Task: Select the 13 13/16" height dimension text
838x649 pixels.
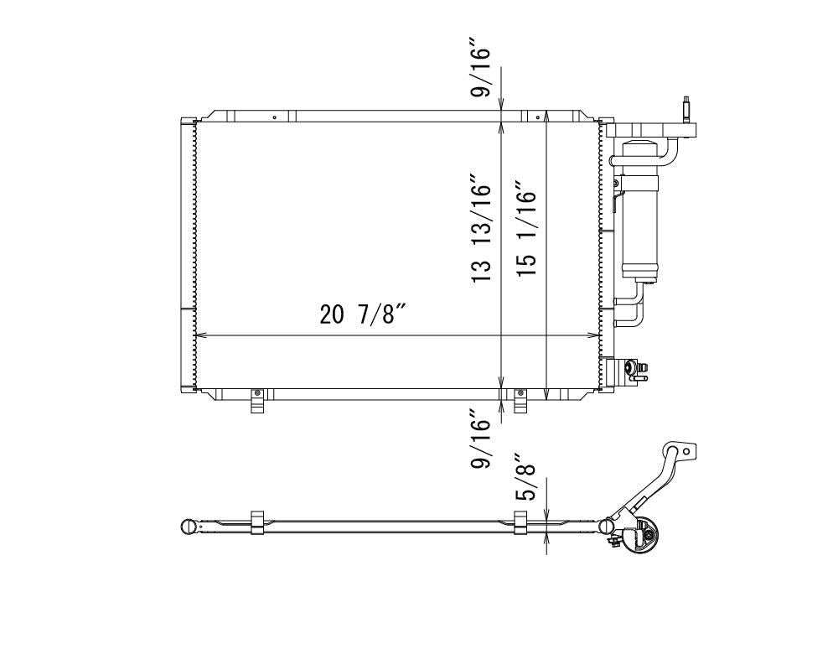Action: coord(481,228)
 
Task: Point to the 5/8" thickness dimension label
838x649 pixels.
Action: coord(525,477)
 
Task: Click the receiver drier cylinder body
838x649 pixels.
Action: coord(639,211)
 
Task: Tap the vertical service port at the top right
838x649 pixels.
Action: coord(686,110)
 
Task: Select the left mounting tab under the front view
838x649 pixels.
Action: coord(257,401)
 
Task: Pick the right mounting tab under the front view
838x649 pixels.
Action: coord(520,401)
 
